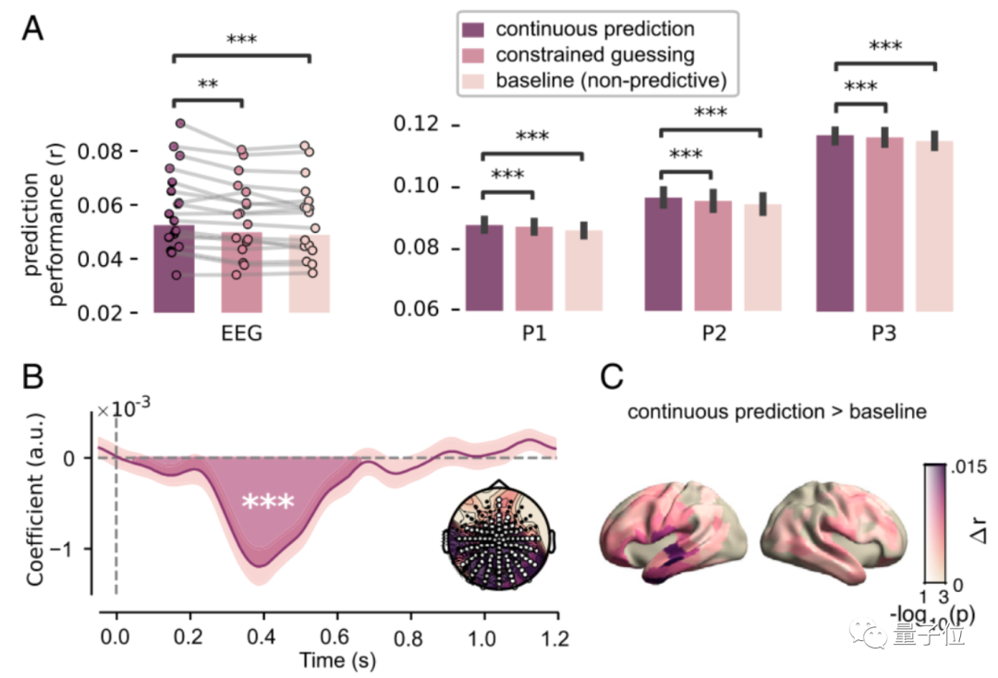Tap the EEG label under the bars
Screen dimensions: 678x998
tap(241, 333)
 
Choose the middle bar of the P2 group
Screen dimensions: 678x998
tap(711, 256)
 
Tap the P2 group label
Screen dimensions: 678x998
tap(711, 333)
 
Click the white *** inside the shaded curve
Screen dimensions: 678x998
tap(268, 502)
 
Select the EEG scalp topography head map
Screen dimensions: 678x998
tap(498, 538)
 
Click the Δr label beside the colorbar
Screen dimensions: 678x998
tap(978, 529)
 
